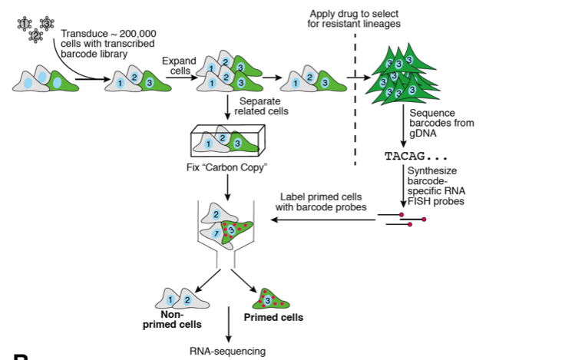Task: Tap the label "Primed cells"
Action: click(x=273, y=317)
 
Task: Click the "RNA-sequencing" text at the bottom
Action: click(x=227, y=351)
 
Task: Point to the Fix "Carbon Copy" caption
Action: click(x=227, y=167)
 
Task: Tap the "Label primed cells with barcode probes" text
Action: click(x=322, y=201)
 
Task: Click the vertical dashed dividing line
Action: click(x=355, y=92)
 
